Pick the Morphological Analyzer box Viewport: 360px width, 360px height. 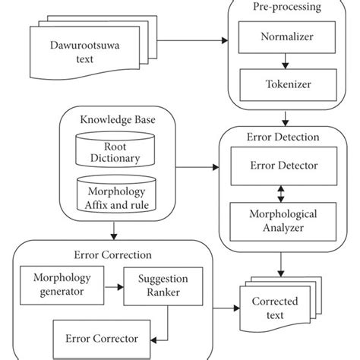tap(283, 221)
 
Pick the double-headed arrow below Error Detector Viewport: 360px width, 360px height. tap(283, 194)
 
